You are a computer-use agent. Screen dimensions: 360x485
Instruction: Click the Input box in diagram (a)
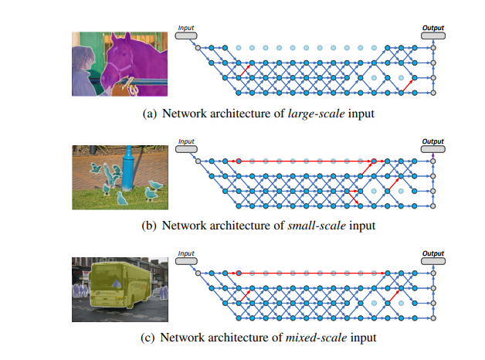click(186, 35)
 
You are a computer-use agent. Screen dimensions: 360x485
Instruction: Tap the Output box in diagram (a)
click(432, 35)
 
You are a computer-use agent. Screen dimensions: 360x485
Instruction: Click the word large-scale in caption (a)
click(310, 114)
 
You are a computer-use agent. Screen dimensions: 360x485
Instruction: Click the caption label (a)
click(151, 114)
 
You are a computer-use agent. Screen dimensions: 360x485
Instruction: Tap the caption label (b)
click(150, 226)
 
